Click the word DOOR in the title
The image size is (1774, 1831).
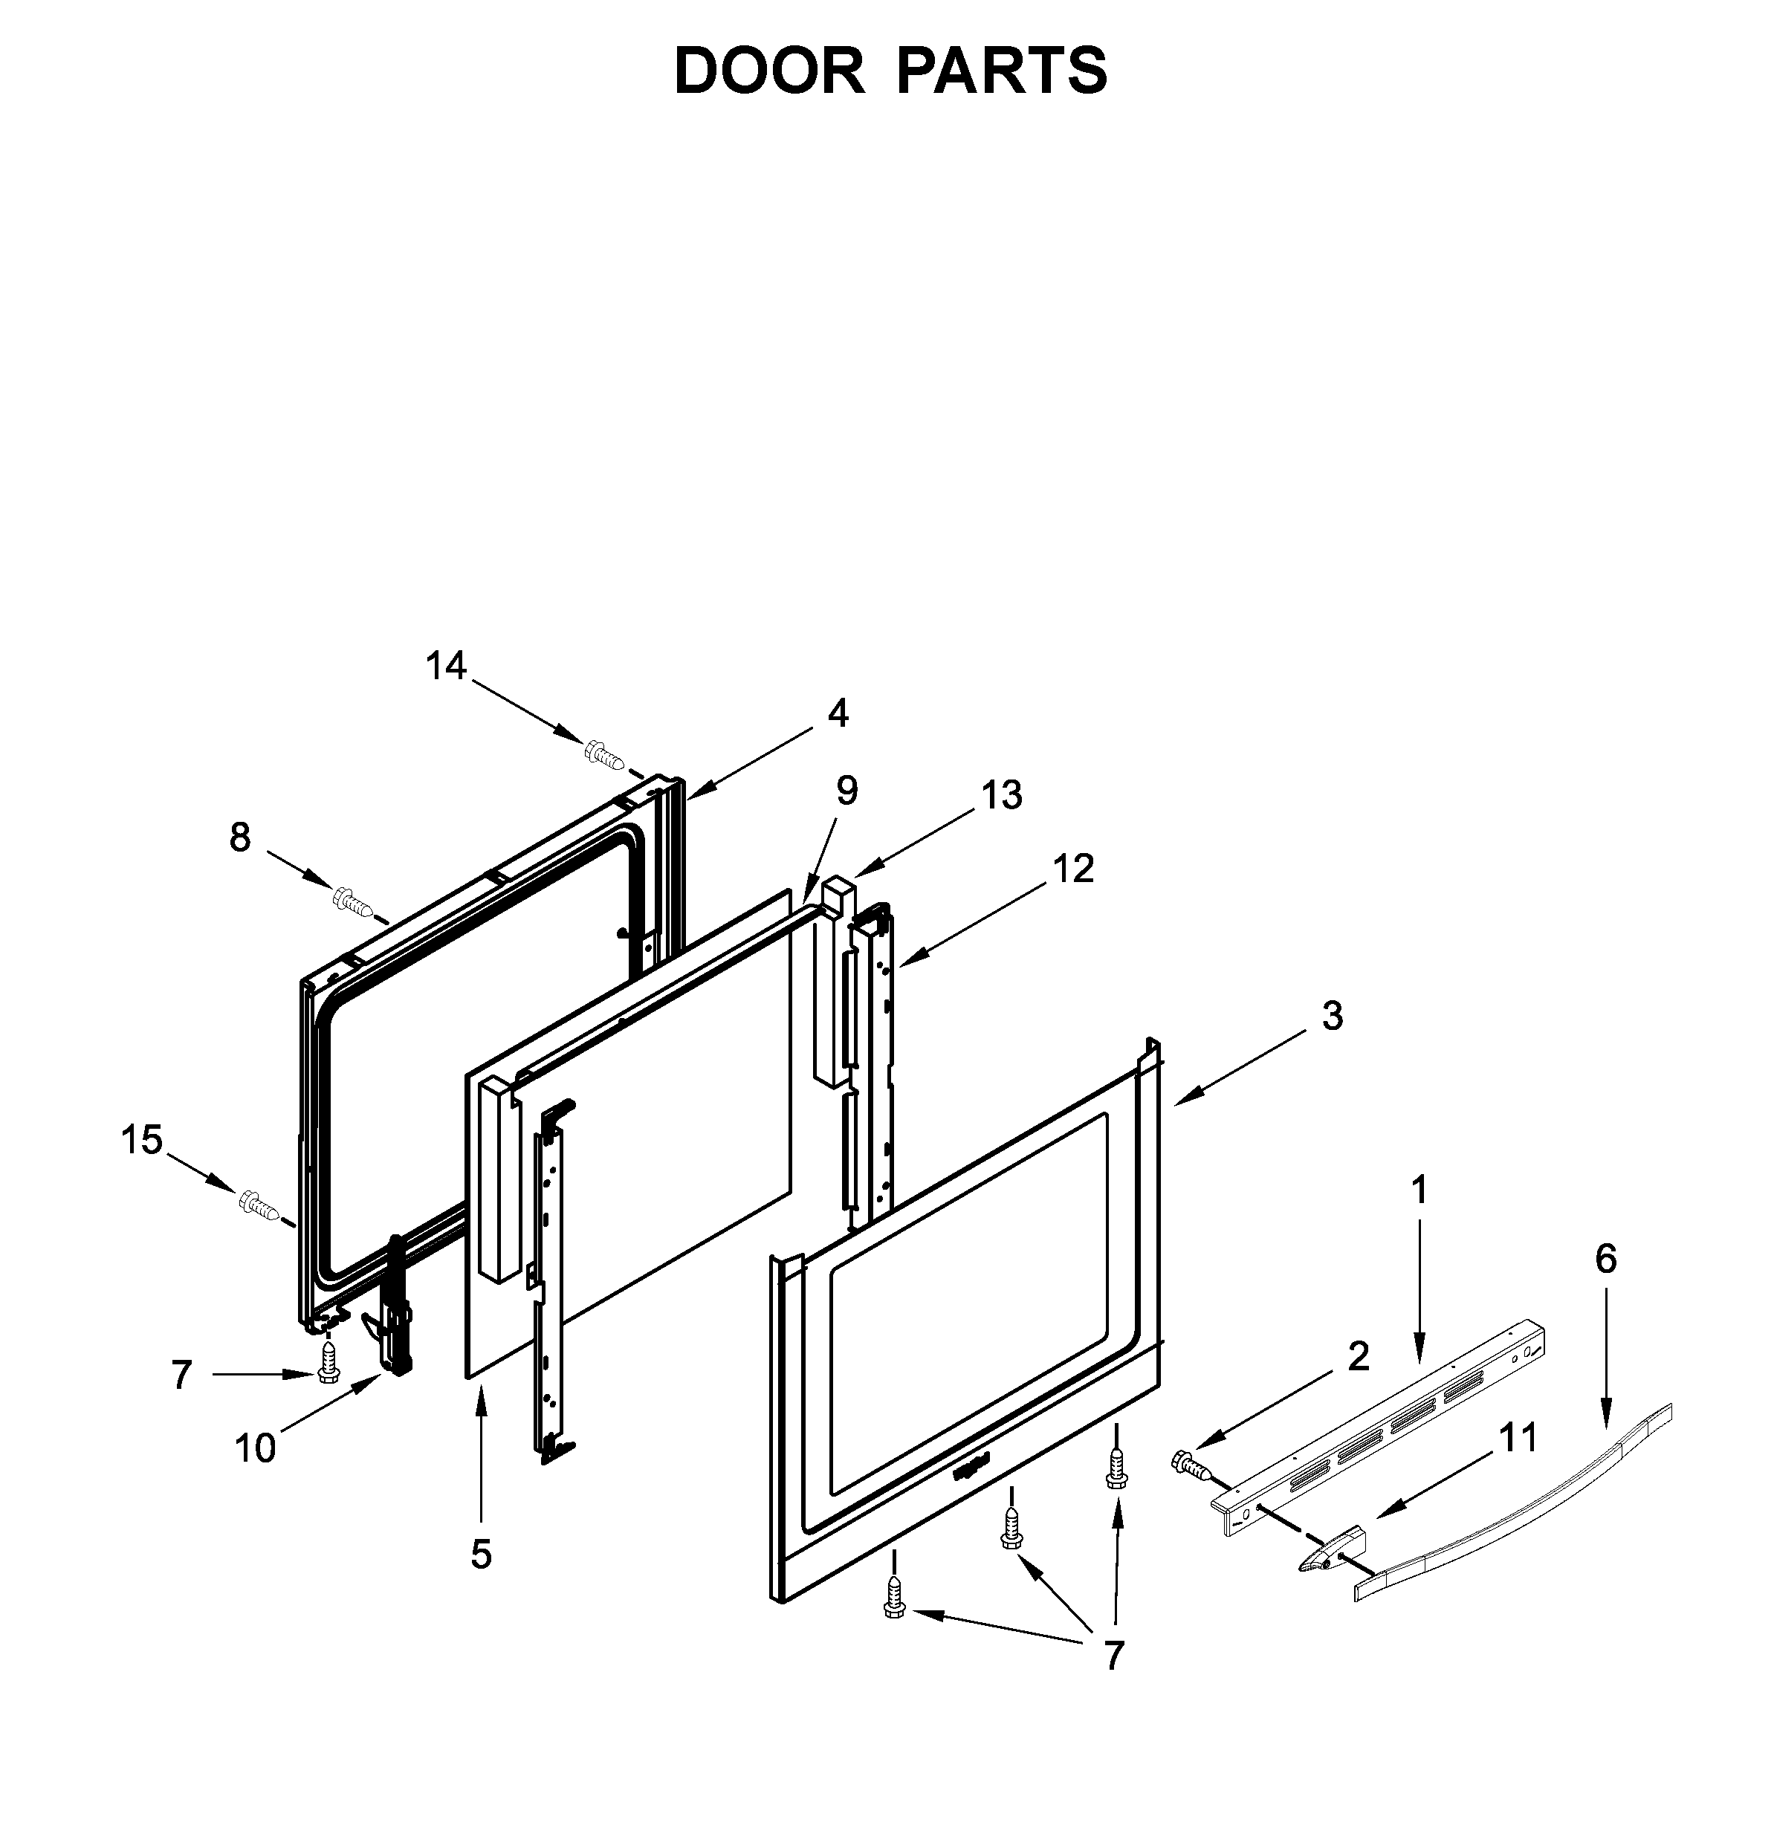pyautogui.click(x=768, y=71)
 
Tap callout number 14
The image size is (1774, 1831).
pyautogui.click(x=446, y=666)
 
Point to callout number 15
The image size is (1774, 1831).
pyautogui.click(x=142, y=1141)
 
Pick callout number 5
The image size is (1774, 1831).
pyautogui.click(x=481, y=1555)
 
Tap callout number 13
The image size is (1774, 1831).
pyautogui.click(x=1001, y=795)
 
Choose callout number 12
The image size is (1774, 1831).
pyautogui.click(x=1073, y=869)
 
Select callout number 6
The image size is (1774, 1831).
pyautogui.click(x=1605, y=1260)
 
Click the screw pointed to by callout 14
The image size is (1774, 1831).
pyautogui.click(x=604, y=754)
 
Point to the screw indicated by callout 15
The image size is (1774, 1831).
pyautogui.click(x=259, y=1205)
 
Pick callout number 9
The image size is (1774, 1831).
pyautogui.click(x=846, y=791)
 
